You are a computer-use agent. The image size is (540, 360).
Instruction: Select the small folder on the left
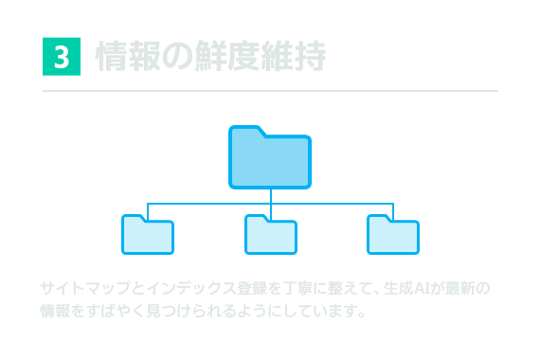(x=148, y=236)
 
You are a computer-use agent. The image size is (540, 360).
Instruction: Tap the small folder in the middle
(x=271, y=236)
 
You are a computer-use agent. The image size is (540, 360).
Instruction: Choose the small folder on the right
(x=393, y=236)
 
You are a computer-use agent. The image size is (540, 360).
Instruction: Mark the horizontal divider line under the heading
(x=270, y=91)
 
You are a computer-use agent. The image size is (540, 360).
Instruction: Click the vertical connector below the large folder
(x=271, y=195)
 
